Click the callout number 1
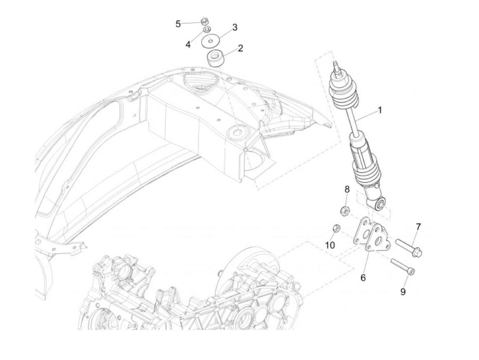[379, 110]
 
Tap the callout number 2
[240, 48]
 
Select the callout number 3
[235, 27]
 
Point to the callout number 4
[188, 44]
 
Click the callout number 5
[178, 24]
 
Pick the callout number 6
[363, 278]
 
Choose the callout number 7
[418, 227]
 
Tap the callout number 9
[403, 292]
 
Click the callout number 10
[330, 245]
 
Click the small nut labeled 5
[204, 21]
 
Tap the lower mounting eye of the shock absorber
[379, 205]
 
